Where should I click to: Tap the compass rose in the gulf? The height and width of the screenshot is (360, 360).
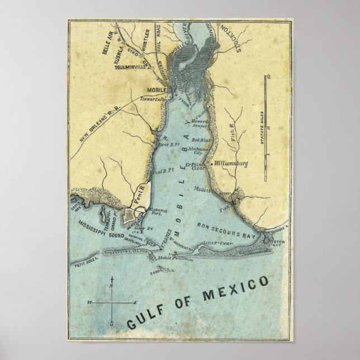point(112,302)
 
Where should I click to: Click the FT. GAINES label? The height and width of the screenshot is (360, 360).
point(168,241)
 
